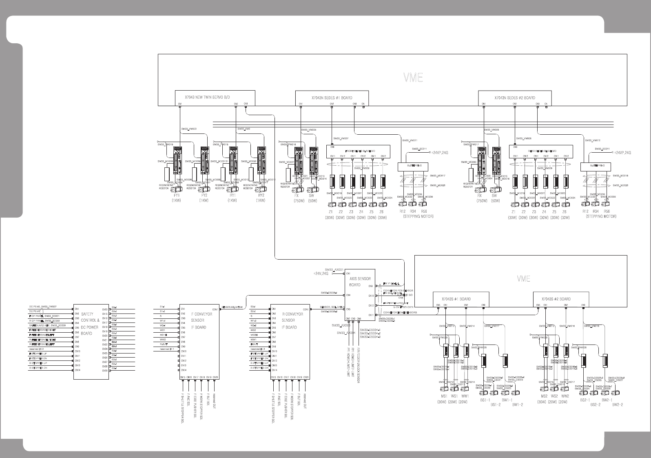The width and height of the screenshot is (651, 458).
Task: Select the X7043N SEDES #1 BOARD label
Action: point(332,98)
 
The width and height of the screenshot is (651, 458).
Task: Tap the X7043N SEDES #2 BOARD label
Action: point(515,98)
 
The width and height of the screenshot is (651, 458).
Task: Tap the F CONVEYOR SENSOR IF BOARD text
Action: point(201,321)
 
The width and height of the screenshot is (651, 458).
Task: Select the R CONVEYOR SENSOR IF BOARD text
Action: point(292,321)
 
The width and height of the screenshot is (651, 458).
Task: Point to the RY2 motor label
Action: point(261,195)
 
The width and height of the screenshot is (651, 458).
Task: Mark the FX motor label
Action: point(297,195)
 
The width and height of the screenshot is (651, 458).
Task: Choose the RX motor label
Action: point(480,195)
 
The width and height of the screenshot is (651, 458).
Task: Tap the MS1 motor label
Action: point(442,396)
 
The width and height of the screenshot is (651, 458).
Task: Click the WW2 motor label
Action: point(565,396)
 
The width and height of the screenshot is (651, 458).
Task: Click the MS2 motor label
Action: point(544,396)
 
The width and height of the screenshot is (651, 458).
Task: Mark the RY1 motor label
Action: point(232,195)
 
